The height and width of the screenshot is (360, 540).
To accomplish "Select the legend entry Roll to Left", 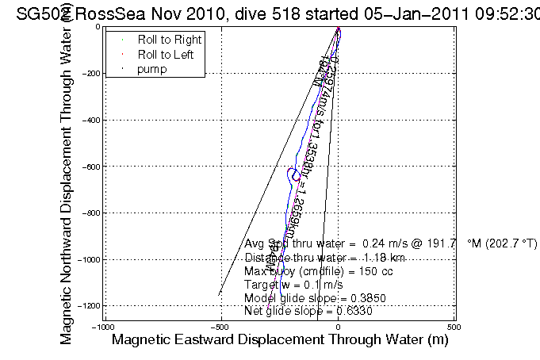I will (x=166, y=55).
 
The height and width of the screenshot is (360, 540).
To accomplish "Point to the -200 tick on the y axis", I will (x=90, y=73).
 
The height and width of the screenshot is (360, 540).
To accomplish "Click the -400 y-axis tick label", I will (x=90, y=120).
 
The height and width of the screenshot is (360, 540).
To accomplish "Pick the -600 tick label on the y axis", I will (x=90, y=167).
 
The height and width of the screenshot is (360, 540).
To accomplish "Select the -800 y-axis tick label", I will (x=90, y=213).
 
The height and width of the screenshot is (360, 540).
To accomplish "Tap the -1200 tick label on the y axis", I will (x=89, y=306).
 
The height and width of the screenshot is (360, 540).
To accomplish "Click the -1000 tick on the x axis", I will (x=105, y=327).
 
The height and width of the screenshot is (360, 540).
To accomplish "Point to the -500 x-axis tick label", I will (x=222, y=327).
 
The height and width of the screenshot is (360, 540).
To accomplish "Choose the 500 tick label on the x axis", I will (x=454, y=327).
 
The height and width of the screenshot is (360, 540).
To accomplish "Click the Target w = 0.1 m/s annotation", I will (x=294, y=285).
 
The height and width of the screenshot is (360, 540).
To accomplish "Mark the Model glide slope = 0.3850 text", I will (x=309, y=298).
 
